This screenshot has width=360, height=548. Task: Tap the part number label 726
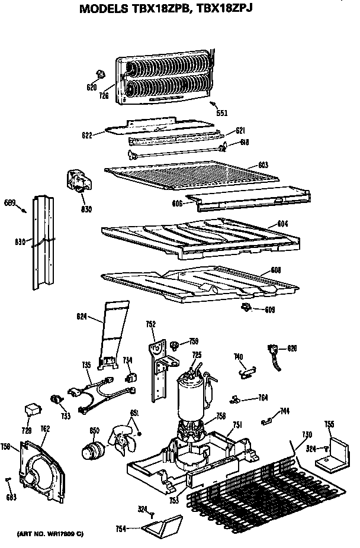104,95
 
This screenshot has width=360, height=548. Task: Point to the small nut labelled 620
99,74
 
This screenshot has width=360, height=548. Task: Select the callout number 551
221,112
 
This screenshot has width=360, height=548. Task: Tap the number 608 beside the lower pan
275,270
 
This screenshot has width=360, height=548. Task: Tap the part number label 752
151,324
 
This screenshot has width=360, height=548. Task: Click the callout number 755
329,424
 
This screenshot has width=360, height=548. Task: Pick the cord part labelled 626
275,358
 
